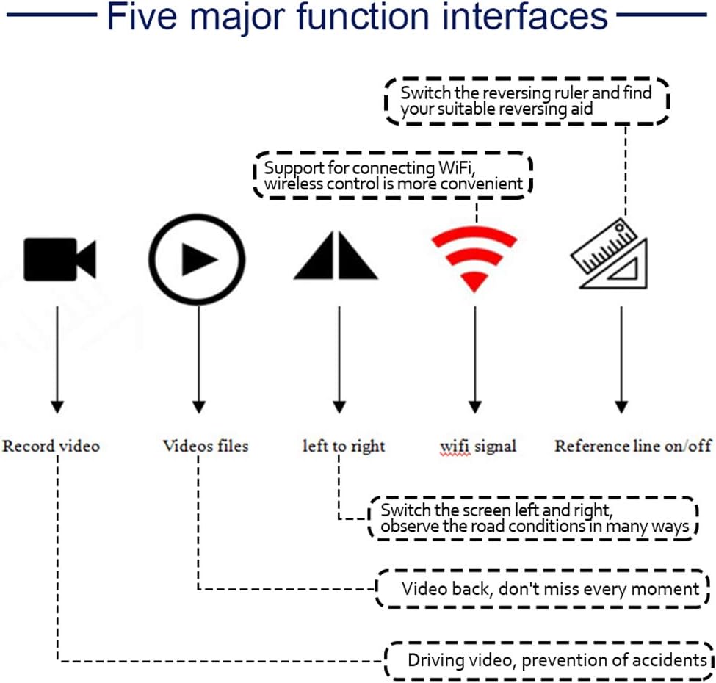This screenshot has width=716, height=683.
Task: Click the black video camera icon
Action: tap(59, 259)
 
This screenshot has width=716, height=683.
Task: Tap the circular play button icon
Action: tap(197, 259)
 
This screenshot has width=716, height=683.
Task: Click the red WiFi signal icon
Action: tap(474, 257)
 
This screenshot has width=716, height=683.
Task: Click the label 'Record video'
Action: tap(51, 446)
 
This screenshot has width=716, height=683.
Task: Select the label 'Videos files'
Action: tap(206, 446)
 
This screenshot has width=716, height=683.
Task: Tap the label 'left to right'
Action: tap(344, 446)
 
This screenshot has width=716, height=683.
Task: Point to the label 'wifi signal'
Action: tap(478, 446)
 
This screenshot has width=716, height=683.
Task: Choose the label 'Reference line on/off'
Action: tap(633, 446)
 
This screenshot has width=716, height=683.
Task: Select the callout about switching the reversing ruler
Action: tap(527, 101)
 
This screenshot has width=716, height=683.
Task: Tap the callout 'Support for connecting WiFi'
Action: tap(393, 176)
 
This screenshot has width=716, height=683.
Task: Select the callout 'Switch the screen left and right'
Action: tap(534, 518)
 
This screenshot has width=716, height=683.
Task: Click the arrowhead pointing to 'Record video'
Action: tap(57, 406)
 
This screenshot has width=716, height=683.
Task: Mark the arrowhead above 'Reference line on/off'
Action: tap(621, 406)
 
